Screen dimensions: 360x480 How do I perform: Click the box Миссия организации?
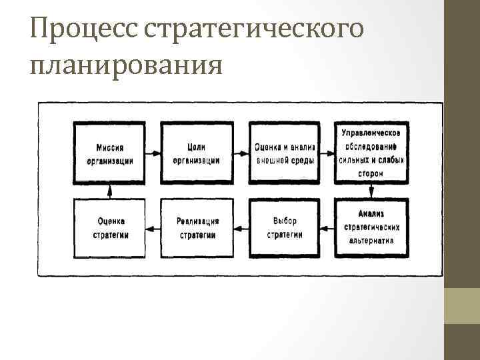pyautogui.click(x=110, y=153)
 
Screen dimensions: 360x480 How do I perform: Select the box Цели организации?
pyautogui.click(x=197, y=153)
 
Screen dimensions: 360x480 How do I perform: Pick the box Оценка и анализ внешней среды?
pyautogui.click(x=285, y=153)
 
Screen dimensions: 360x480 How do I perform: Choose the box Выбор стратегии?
pyautogui.click(x=285, y=228)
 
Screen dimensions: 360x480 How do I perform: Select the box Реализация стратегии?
pyautogui.click(x=197, y=228)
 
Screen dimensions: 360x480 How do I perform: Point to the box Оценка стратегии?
pyautogui.click(x=110, y=228)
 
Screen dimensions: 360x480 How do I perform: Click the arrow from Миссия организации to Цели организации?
pyautogui.click(x=153, y=153)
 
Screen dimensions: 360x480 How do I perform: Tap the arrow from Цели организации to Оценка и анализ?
pyautogui.click(x=240, y=153)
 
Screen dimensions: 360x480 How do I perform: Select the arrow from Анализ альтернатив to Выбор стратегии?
pyautogui.click(x=327, y=228)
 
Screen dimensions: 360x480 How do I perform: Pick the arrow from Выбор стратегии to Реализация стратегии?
pyautogui.click(x=240, y=228)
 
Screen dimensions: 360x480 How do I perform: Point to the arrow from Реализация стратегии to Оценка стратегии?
pyautogui.click(x=153, y=228)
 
